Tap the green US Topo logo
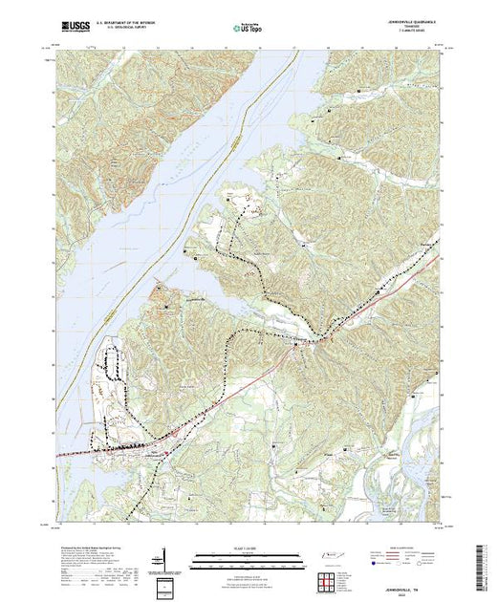point(249,29)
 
